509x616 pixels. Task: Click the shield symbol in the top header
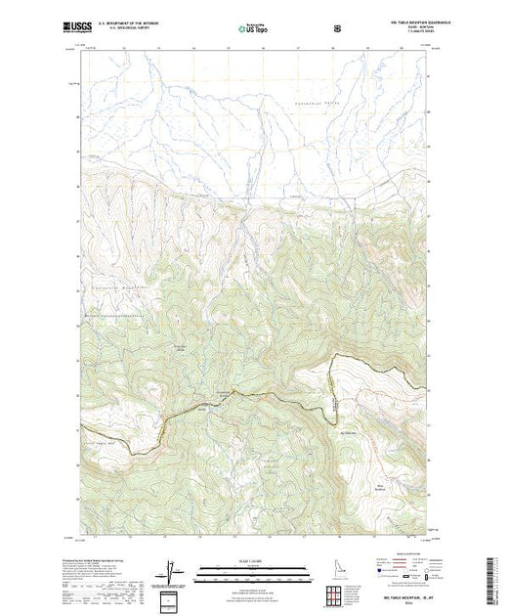(x=338, y=28)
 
